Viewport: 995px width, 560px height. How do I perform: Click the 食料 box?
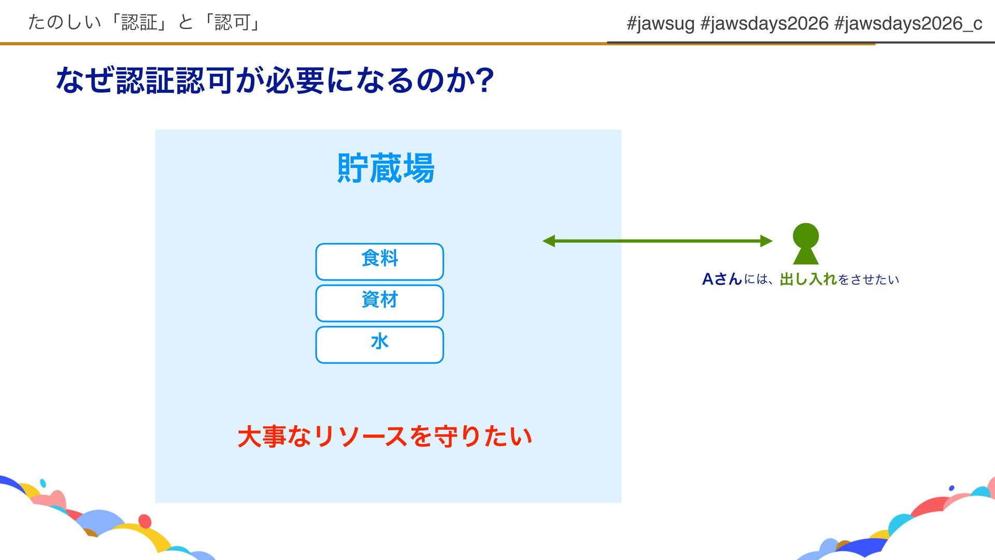coord(379,261)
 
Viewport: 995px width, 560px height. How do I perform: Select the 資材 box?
coord(379,303)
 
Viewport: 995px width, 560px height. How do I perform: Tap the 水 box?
coord(379,344)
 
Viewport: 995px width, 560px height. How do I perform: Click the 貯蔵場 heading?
coord(386,168)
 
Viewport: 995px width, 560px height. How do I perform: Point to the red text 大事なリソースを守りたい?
coord(385,436)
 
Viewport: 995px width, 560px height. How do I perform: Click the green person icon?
coord(806,244)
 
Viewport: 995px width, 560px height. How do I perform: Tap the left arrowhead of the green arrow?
coord(548,241)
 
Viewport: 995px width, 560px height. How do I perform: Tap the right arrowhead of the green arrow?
coord(766,241)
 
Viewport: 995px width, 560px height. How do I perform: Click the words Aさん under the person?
coord(722,279)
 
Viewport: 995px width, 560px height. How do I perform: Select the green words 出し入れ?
coord(808,279)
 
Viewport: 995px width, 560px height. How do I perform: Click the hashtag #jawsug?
coord(660,23)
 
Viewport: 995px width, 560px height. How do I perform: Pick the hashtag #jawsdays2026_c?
coord(908,23)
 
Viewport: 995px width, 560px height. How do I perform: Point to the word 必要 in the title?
coord(295,80)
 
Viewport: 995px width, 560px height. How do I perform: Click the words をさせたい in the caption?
coord(869,279)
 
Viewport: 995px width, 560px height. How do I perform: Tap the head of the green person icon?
coord(806,235)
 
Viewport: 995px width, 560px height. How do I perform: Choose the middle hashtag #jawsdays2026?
coord(764,23)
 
